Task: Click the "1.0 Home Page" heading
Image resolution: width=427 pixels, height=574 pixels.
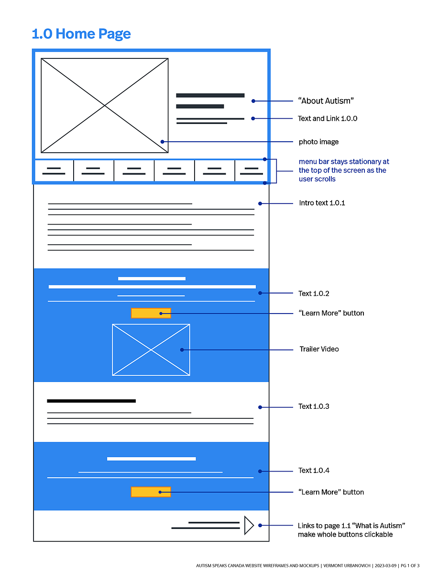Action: (81, 34)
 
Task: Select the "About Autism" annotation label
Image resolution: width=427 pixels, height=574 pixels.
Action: (326, 101)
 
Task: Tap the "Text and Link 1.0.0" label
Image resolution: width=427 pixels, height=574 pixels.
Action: (328, 118)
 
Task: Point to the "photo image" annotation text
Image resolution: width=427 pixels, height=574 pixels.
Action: (318, 142)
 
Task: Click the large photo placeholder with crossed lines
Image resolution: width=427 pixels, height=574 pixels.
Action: (105, 105)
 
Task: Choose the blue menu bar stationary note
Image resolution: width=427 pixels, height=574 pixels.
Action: (344, 170)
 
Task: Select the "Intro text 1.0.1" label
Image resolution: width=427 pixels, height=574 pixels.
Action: (322, 203)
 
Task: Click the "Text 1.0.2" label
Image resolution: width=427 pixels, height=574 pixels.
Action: (314, 293)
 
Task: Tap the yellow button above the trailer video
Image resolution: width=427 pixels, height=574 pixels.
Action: (151, 313)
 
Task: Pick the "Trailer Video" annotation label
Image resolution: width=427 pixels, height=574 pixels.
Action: (319, 349)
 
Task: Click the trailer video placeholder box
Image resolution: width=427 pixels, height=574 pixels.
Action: (151, 349)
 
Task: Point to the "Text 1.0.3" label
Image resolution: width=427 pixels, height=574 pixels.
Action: (314, 406)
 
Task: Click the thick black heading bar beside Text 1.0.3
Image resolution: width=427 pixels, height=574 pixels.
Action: (91, 401)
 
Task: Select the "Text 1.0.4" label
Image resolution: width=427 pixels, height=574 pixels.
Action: (314, 471)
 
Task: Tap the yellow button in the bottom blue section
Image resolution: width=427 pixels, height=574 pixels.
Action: (151, 492)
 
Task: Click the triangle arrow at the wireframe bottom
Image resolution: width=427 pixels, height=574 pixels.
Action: (249, 525)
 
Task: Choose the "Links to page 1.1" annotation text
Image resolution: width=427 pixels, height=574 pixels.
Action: (351, 530)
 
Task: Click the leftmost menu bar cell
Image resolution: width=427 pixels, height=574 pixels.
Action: (54, 170)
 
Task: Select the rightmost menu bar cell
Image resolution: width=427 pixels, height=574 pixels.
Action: (251, 170)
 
